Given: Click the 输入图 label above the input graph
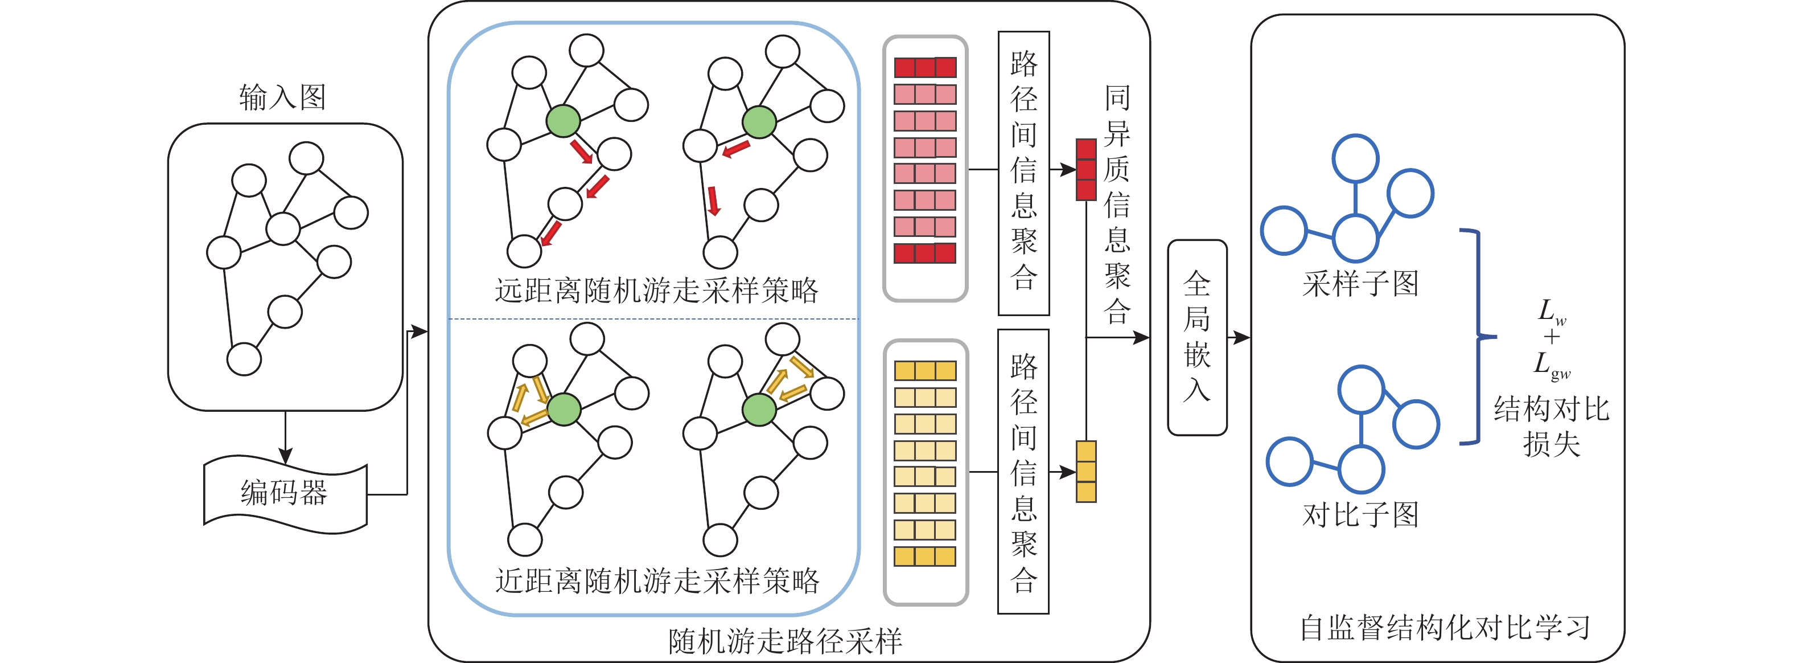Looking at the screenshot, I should point(282,97).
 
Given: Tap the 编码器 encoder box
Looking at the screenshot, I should point(285,493).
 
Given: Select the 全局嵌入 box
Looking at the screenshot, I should point(1196,337).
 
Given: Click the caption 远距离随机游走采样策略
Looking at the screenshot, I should point(656,290).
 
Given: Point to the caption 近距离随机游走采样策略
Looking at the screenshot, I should point(656,580).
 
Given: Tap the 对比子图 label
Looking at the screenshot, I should point(1360,515).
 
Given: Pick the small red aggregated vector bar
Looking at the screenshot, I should point(1086,169).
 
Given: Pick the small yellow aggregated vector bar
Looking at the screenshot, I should point(1086,472).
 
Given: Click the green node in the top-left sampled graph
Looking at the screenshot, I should point(563,121).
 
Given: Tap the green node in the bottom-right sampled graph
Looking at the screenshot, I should point(759,410).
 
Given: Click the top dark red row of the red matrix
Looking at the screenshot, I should point(925,68).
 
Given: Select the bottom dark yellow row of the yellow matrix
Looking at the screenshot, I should point(925,556).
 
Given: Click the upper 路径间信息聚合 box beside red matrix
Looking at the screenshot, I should point(1023,173).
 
